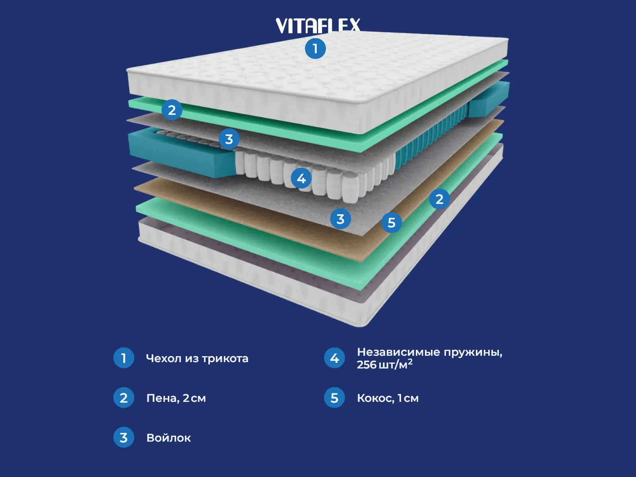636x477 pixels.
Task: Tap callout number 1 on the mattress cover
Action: click(x=315, y=48)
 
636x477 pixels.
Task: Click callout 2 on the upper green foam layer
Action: click(x=172, y=110)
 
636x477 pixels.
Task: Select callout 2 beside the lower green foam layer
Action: click(x=439, y=199)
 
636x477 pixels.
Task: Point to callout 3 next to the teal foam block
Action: click(x=229, y=139)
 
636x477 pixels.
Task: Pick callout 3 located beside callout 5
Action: click(x=340, y=219)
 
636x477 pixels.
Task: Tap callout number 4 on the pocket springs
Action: click(x=301, y=178)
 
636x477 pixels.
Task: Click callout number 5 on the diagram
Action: click(x=392, y=223)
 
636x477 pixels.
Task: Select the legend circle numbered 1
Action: click(x=124, y=358)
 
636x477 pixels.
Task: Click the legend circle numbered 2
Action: click(x=124, y=397)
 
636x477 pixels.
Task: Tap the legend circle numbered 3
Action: click(x=124, y=437)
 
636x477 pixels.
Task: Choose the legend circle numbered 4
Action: click(x=334, y=358)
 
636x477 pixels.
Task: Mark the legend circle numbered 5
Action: click(x=334, y=397)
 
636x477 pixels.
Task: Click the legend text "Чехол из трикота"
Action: click(x=197, y=359)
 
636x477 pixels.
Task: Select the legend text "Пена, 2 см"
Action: click(x=176, y=398)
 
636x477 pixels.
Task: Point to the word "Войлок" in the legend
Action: click(x=169, y=438)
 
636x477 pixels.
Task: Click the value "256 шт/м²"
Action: click(x=384, y=365)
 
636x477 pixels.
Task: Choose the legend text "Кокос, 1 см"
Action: click(x=388, y=398)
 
